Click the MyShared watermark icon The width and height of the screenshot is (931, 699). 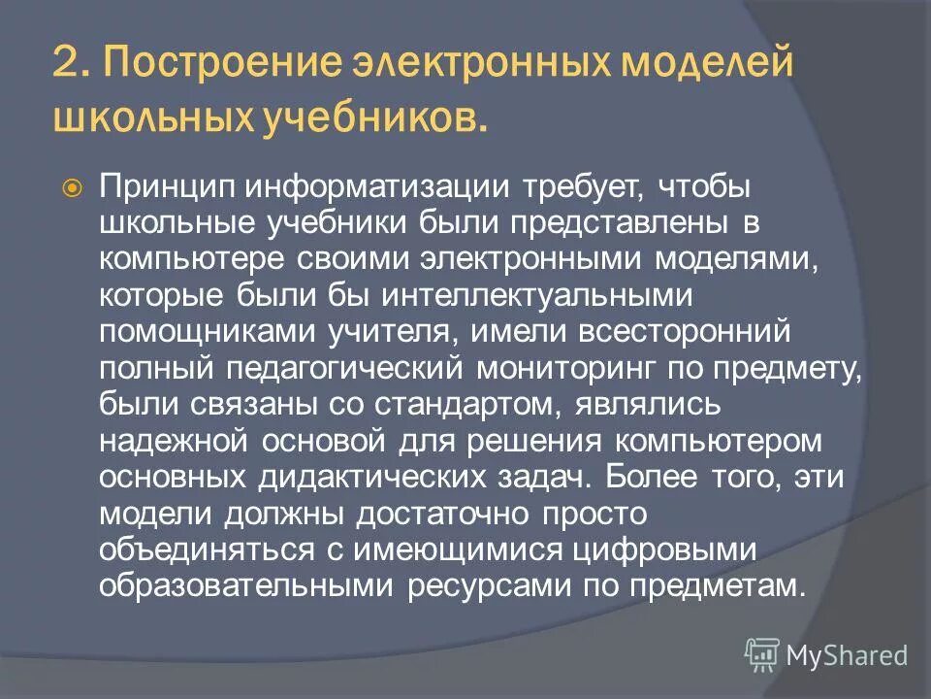coord(762,654)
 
